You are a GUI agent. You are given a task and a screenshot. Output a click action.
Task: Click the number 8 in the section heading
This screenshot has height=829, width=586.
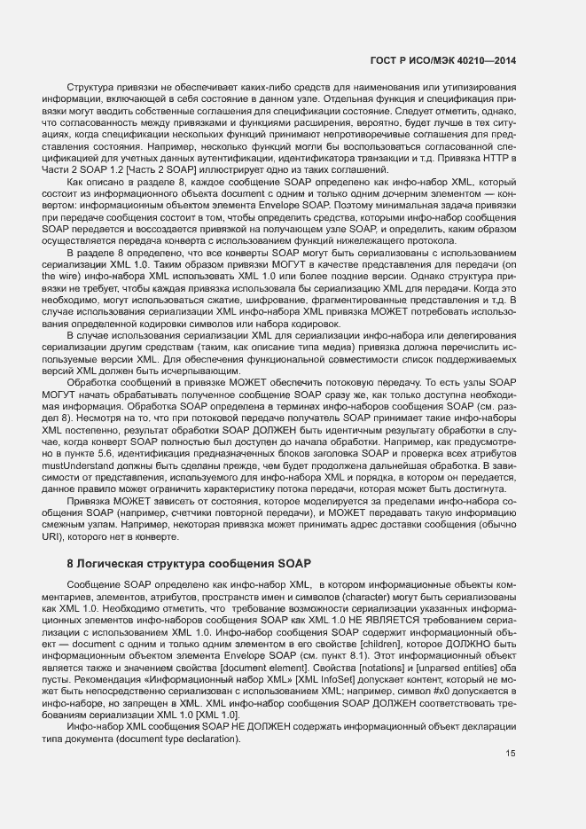point(71,564)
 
